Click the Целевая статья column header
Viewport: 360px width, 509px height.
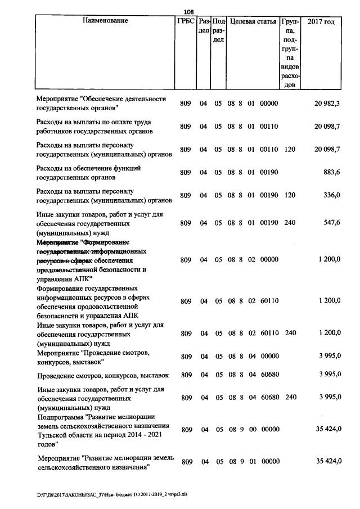(253, 21)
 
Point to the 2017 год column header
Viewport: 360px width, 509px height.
(321, 21)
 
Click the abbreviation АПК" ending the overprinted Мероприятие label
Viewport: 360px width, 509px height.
(83, 278)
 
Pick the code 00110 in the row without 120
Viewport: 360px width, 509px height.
(269, 127)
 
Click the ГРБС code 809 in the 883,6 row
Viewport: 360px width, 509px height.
(186, 172)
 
